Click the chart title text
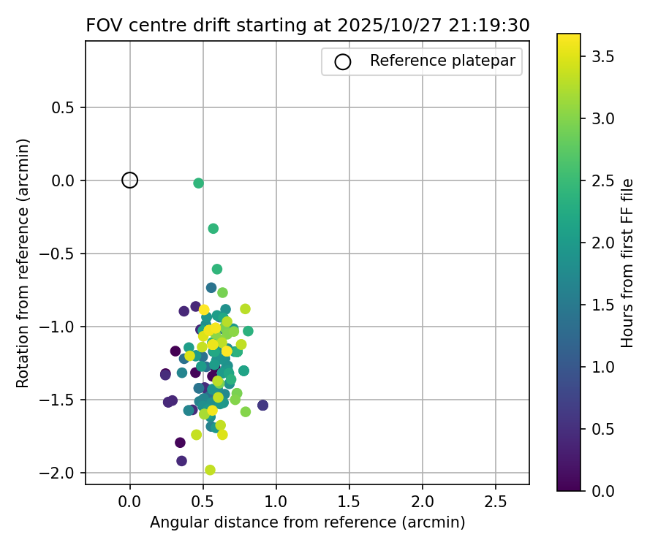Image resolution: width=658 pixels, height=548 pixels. pos(308,25)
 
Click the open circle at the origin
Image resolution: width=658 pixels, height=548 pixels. pos(130,180)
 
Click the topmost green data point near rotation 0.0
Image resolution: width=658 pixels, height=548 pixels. pos(198,183)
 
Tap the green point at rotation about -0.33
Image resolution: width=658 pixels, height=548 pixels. pos(213,229)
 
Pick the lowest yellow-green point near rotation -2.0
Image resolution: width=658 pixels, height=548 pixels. pos(210,470)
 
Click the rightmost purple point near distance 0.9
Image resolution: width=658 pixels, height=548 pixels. pos(262,406)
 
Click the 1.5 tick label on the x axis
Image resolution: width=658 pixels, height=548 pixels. pos(349,503)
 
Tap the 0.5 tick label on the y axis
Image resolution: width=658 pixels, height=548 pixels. pos(66,107)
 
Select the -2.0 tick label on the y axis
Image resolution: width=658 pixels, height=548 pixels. pos(61,473)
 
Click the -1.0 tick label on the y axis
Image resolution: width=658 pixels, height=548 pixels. pos(61,327)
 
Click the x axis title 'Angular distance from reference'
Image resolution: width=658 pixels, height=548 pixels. pos(307,523)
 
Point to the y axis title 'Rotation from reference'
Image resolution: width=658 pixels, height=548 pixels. pos(23,263)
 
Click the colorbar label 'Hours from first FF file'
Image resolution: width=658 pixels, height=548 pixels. pos(627,263)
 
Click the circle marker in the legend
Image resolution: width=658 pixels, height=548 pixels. pos(342,62)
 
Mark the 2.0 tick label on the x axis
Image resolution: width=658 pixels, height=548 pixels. pos(422,503)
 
